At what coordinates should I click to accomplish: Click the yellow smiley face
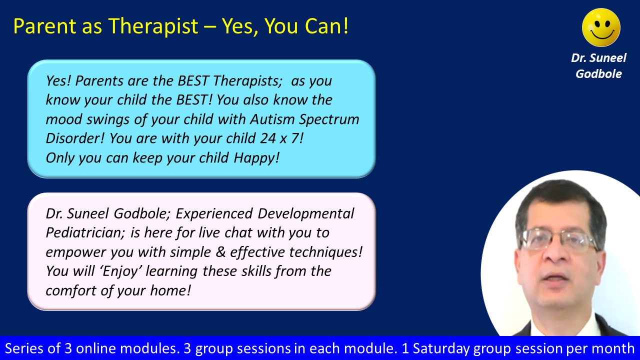[x=601, y=27]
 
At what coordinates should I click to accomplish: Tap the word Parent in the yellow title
[x=44, y=26]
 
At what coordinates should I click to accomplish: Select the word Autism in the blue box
[x=272, y=119]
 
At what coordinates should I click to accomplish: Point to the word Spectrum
[x=329, y=119]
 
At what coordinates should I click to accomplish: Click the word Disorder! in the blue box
[x=75, y=138]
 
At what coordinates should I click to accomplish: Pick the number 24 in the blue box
[x=267, y=138]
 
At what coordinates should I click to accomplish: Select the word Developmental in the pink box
[x=305, y=214]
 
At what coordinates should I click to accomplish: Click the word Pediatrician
[x=85, y=232]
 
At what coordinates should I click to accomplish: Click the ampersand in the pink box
[x=220, y=251]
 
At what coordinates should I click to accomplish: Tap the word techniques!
[x=325, y=252]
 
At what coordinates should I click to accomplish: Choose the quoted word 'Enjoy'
[x=121, y=271]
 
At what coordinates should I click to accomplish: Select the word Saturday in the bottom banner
[x=440, y=349]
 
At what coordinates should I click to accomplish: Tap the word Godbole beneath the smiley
[x=598, y=74]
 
